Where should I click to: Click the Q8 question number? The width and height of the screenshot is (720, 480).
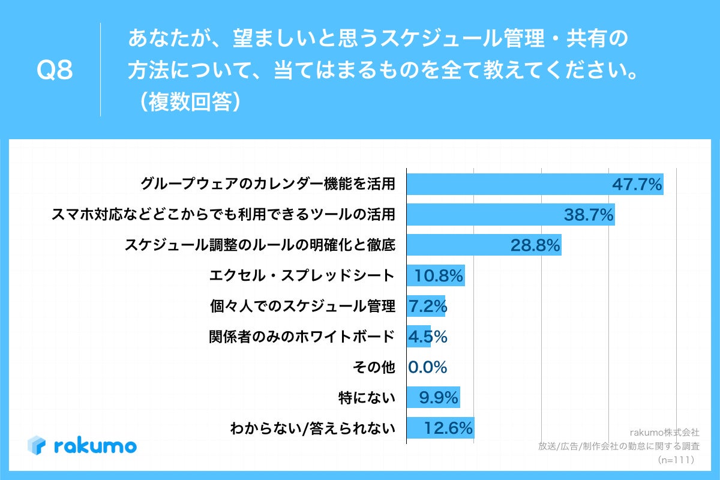pos(55,71)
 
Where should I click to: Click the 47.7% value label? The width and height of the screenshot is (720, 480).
pos(637,184)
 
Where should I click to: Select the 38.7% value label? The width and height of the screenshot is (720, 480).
pos(589,215)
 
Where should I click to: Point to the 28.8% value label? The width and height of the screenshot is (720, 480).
pos(535,245)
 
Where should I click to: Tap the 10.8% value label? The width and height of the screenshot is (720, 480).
pos(439,276)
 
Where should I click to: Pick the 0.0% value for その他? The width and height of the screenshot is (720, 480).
pos(427,367)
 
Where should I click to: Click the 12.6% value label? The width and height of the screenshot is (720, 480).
pos(448,428)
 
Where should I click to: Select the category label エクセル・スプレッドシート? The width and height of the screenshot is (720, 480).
pos(302,276)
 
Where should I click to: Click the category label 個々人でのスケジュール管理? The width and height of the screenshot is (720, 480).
pos(302,307)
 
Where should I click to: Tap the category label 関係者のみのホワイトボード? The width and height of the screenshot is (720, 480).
pos(302,337)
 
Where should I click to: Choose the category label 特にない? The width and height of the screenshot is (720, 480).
pos(367,398)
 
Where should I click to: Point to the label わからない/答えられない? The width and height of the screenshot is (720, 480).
pos(313,428)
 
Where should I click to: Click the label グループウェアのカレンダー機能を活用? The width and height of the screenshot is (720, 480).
pos(268,184)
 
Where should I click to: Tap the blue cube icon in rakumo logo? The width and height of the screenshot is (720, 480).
pos(37,445)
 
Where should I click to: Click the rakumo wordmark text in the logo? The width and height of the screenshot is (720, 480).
pos(95,446)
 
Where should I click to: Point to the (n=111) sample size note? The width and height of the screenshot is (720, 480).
pos(676,460)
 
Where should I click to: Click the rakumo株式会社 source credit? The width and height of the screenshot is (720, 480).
pos(664,432)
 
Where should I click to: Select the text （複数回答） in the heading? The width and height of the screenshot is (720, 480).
pos(187,103)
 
